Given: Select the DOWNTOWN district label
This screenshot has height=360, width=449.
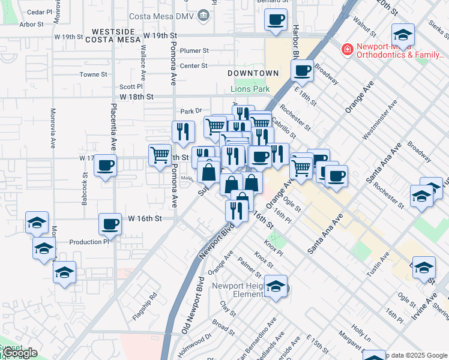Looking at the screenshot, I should pyautogui.click(x=253, y=73).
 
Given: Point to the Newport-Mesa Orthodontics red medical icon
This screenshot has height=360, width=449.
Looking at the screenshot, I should pyautogui.click(x=346, y=49).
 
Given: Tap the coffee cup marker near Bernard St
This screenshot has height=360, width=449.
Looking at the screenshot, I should pyautogui.click(x=276, y=20).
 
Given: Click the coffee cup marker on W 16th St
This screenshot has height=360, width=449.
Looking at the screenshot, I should pyautogui.click(x=110, y=224).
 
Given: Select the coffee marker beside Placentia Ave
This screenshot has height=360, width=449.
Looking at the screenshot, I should pyautogui.click(x=105, y=166).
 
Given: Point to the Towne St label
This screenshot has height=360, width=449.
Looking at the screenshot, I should pyautogui.click(x=94, y=75).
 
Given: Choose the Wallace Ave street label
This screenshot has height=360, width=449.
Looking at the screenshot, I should pyautogui.click(x=143, y=66).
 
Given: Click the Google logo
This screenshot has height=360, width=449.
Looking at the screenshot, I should pyautogui.click(x=19, y=353).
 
